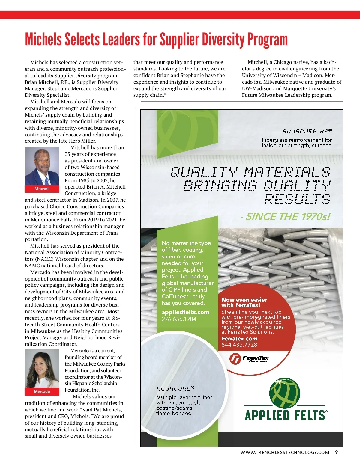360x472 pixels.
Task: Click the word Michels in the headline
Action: click(43, 40)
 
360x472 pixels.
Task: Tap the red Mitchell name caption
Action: click(42, 189)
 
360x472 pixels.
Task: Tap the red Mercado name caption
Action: click(42, 391)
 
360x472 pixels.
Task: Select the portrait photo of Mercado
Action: click(42, 369)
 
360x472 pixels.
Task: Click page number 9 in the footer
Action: click(337, 452)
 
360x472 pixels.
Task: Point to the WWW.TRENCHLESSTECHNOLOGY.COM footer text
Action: click(285, 453)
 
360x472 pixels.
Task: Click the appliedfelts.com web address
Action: click(185, 312)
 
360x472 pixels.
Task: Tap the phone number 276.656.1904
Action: click(179, 319)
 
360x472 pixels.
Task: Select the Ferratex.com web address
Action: click(239, 339)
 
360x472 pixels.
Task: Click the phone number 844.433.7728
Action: click(239, 345)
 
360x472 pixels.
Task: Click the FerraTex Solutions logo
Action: click(249, 359)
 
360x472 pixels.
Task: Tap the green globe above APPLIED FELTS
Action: click(285, 393)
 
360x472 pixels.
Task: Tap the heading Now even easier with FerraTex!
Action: click(244, 302)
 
